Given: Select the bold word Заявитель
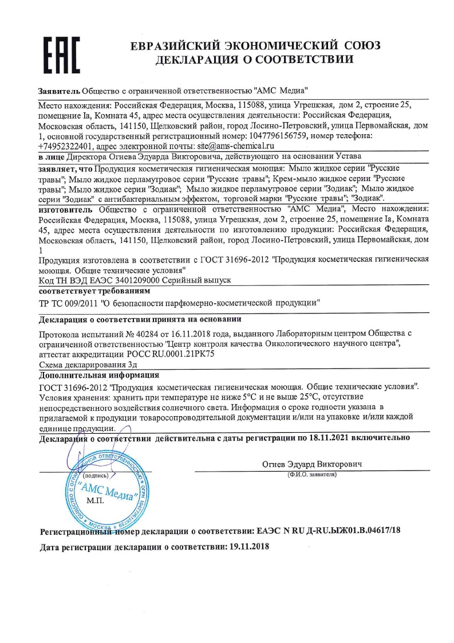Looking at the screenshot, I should [59, 91].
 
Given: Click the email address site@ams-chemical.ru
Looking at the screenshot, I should [241, 146].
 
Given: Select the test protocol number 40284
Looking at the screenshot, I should [140, 334].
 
